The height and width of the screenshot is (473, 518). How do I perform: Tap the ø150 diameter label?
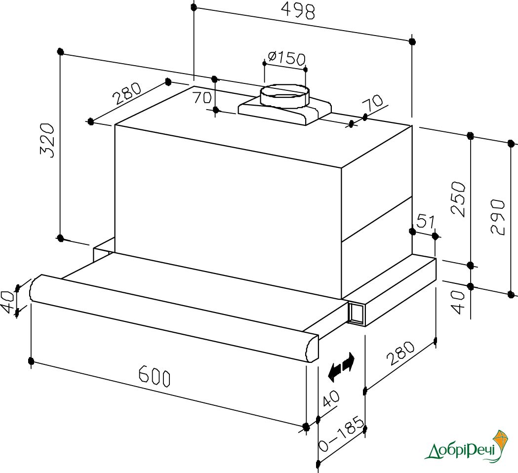(286, 58)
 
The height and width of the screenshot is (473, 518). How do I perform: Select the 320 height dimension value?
(46, 140)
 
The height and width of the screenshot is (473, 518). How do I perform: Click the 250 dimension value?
(459, 198)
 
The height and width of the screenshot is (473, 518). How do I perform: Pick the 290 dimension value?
(498, 216)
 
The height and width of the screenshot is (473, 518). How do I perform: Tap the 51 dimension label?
(426, 221)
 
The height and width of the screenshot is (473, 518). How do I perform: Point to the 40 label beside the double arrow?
(330, 399)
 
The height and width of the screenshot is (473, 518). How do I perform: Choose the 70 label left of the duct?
(202, 97)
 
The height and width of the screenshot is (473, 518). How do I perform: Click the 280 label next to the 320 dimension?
(127, 93)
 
